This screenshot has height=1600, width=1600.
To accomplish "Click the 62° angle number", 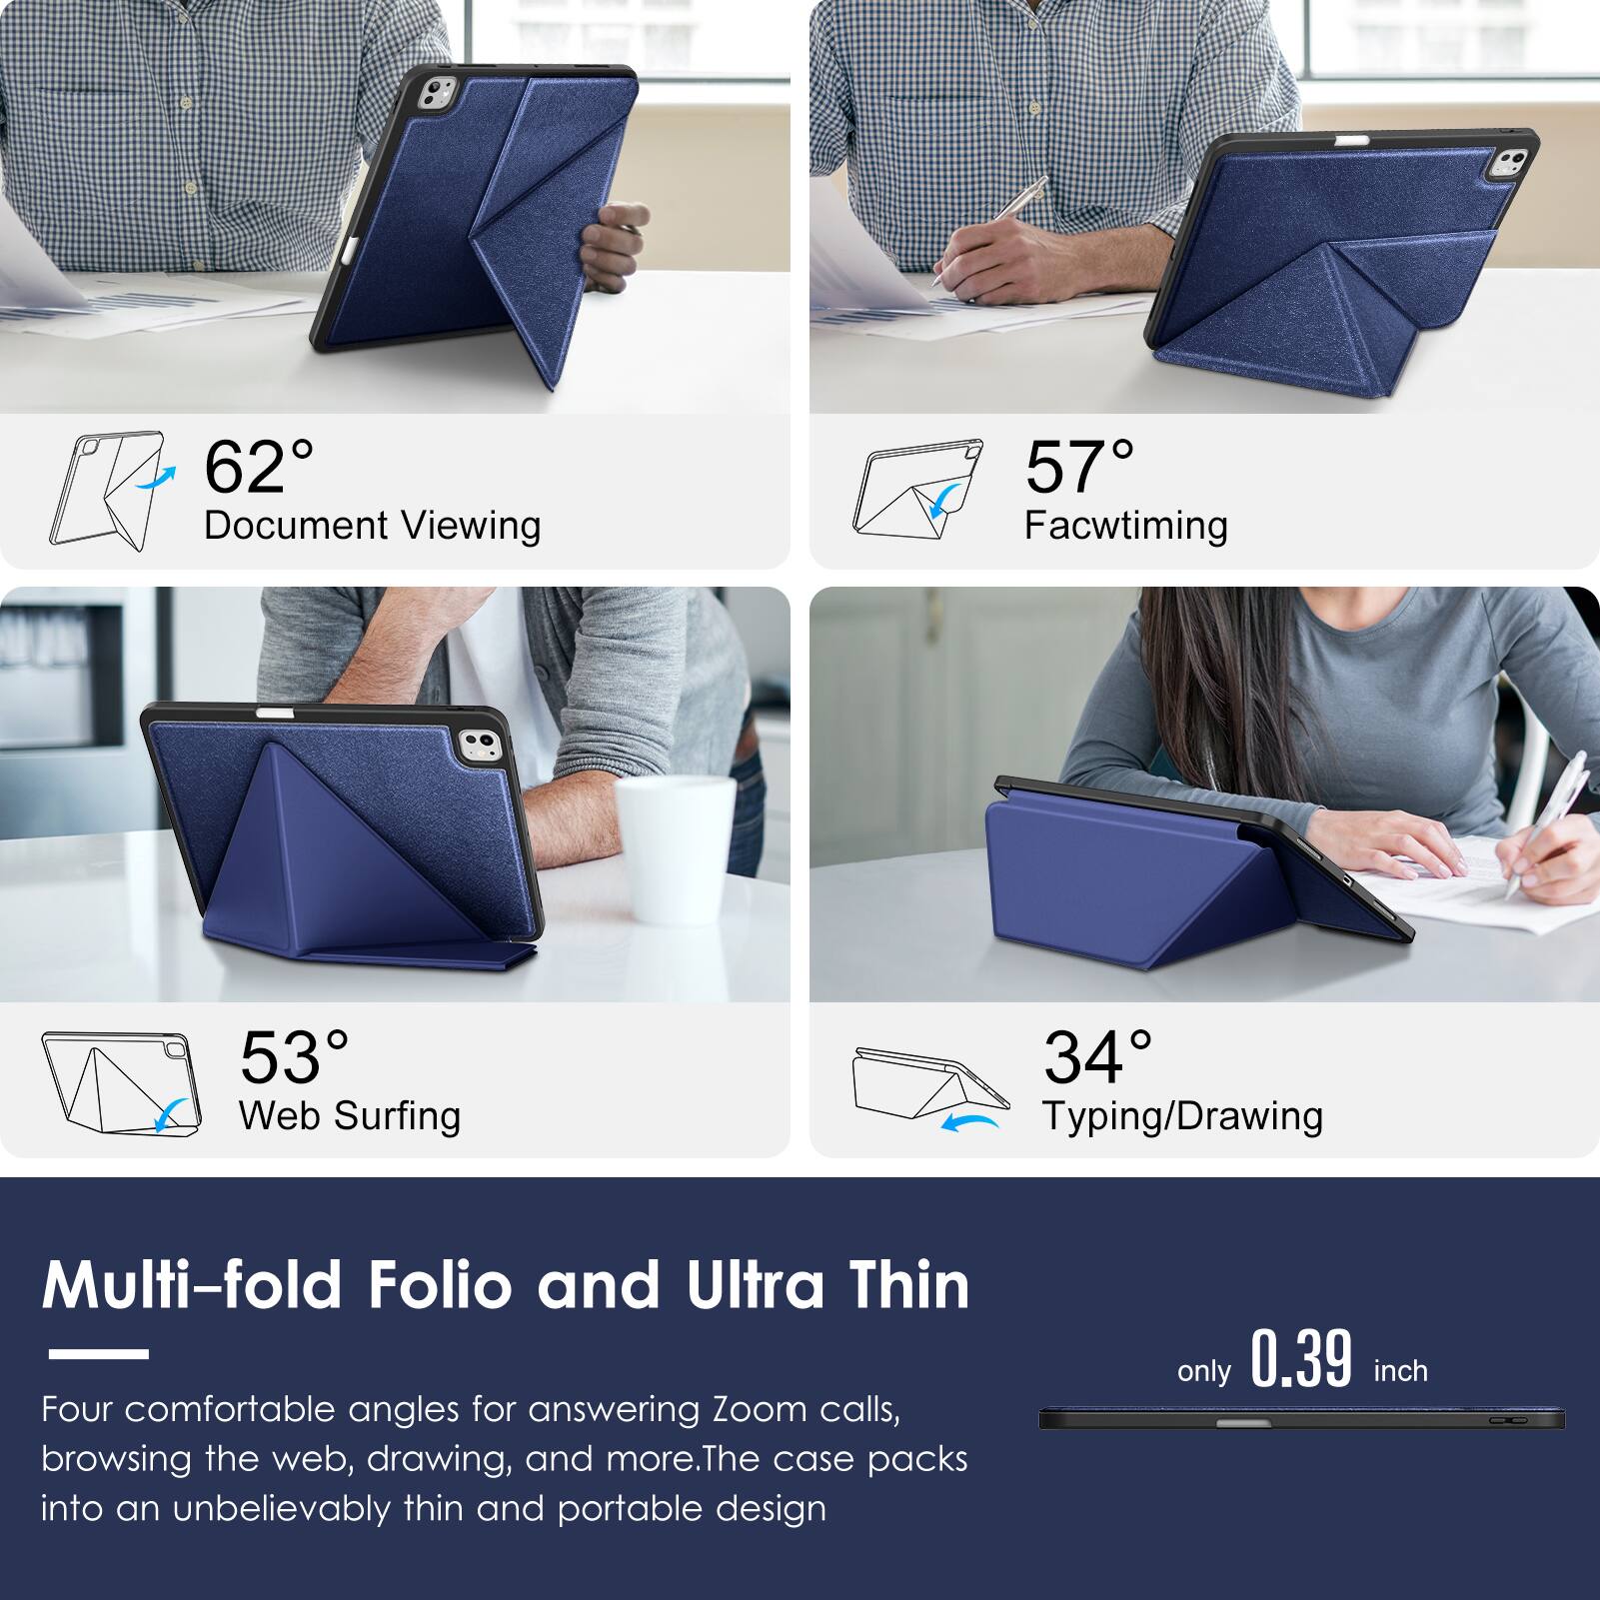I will coord(258,467).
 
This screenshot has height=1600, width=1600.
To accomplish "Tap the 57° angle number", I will coord(1079,467).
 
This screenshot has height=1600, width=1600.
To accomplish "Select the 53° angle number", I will coord(294,1057).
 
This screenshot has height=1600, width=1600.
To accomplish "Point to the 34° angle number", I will coord(1097,1057).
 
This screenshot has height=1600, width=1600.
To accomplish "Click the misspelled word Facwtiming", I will coord(1125,526).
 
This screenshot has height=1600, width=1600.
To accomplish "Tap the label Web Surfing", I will coord(349,1115).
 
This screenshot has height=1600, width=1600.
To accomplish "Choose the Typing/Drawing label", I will coord(1182,1115).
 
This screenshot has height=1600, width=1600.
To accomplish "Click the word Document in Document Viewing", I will coord(296,526).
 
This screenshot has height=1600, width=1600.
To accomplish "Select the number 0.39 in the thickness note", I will coord(1301,1359).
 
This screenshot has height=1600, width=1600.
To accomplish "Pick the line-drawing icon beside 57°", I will coord(916,489).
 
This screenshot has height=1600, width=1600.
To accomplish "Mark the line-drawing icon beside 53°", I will coord(121,1083).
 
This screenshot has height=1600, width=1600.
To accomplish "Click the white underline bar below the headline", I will coord(98,1354).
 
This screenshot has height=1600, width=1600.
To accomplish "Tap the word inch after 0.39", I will coord(1400,1371).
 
